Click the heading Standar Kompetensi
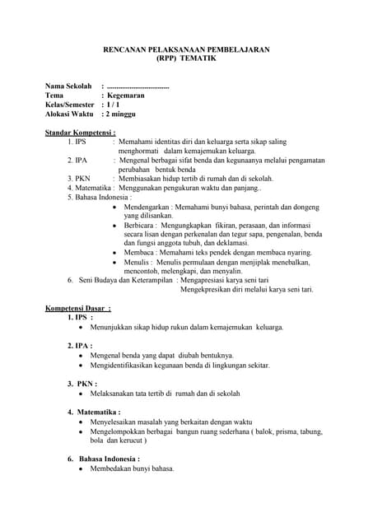click(x=80, y=132)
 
